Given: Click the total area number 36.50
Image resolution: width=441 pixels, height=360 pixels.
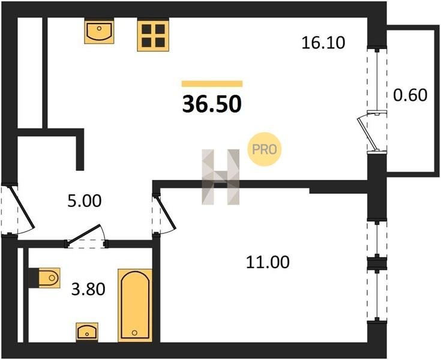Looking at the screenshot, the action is coord(212,104).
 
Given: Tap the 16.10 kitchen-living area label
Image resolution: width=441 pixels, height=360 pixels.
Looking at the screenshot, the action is coord(323,43).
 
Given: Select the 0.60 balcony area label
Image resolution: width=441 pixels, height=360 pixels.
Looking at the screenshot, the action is coord(410,95).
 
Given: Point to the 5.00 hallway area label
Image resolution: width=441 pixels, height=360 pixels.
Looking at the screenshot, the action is coord(85,201).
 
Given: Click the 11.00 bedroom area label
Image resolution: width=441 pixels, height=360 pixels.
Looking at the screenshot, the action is coord(268,262).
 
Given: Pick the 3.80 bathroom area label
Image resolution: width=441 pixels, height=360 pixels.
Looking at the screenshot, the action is coord(88,289).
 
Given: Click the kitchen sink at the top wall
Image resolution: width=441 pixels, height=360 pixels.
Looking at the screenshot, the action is coord(99,31).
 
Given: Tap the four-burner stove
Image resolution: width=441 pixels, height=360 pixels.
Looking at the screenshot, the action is coord(153,35).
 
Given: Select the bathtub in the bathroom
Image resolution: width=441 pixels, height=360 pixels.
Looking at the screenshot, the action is coord(135,305).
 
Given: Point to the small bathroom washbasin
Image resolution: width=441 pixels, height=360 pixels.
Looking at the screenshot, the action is coord(87,331).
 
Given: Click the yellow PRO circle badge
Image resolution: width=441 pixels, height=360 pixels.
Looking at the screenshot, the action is coord(265,149).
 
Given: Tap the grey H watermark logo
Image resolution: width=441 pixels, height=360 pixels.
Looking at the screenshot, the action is coord(221,176).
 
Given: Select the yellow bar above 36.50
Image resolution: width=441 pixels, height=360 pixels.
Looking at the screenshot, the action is coord(212,84).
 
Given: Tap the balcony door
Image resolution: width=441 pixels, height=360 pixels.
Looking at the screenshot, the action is coord(371,131).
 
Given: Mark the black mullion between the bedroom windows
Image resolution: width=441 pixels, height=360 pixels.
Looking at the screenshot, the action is coord(377,263).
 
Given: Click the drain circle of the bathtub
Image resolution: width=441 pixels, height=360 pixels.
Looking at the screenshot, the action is coord(134,333).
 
